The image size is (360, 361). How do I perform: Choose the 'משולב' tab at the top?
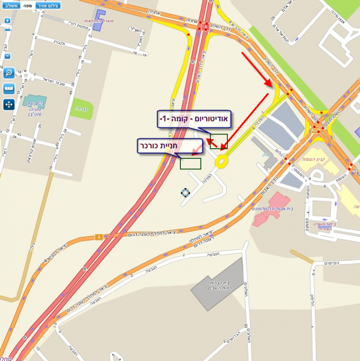point(9,4)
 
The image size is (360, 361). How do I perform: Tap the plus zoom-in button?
point(7,20)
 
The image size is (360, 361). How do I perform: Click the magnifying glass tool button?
point(9,73)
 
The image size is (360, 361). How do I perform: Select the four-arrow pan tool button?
point(9,104)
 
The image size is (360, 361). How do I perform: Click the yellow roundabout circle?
point(222,161)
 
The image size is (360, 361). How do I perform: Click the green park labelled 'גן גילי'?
point(82,109)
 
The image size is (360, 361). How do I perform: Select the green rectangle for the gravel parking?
point(191,163)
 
